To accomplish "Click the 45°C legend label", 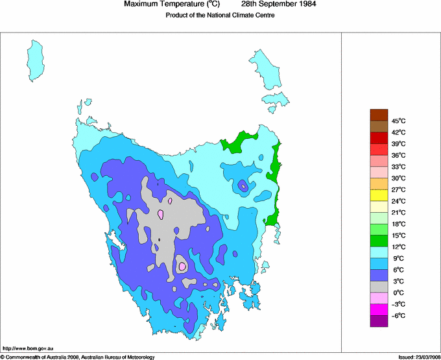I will coord(399,121).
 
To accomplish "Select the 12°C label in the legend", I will coord(399,246).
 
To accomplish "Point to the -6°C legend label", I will coord(399,315).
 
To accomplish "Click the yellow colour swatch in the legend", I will coord(379,195).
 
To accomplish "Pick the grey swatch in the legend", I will coord(379,287).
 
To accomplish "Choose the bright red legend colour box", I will coord(379,138).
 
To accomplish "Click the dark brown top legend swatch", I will coord(379,115).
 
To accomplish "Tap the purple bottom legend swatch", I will coord(379,321).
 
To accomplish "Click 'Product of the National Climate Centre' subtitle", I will coord(220,16).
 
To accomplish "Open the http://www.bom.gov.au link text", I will coord(28,348).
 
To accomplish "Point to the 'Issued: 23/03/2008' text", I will coord(419,357).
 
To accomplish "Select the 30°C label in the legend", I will coord(399,178).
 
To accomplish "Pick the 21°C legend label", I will coord(399,212).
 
